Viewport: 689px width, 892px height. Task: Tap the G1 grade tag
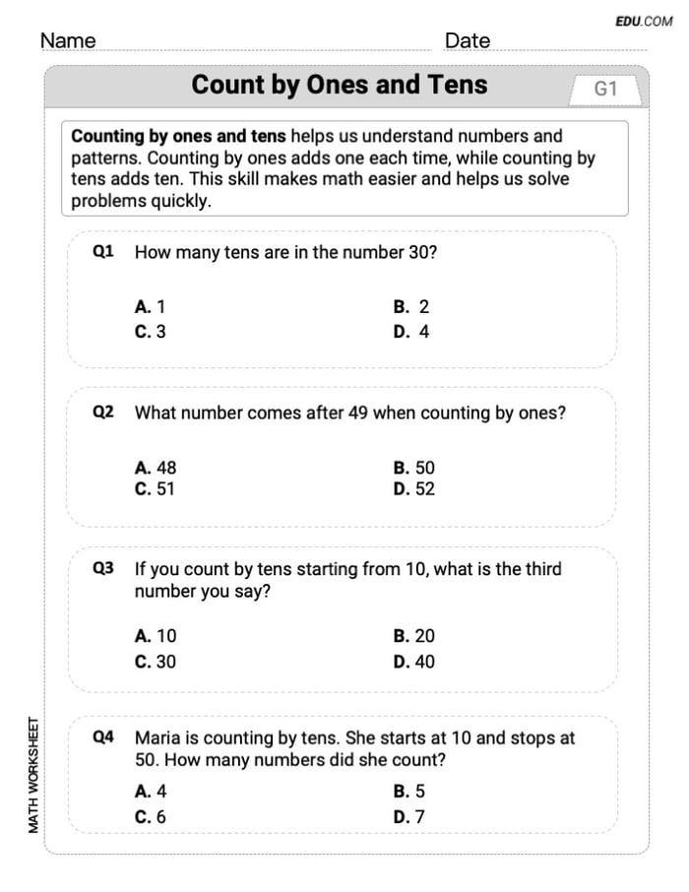pyautogui.click(x=605, y=90)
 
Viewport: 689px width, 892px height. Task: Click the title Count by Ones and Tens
pyautogui.click(x=340, y=85)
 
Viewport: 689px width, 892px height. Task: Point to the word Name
pyautogui.click(x=68, y=40)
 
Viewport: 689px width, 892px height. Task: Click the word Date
pyautogui.click(x=468, y=40)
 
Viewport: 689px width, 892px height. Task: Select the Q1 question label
pyautogui.click(x=103, y=252)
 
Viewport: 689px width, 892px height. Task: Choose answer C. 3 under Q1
pyautogui.click(x=151, y=332)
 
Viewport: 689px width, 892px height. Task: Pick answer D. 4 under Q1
pyautogui.click(x=411, y=332)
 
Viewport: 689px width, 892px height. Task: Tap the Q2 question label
pyautogui.click(x=103, y=413)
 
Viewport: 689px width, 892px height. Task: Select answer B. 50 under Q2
pyautogui.click(x=413, y=468)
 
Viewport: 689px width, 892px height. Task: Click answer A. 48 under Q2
pyautogui.click(x=156, y=468)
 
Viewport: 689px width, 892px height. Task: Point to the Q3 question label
pyautogui.click(x=103, y=568)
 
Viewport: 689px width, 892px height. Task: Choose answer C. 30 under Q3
pyautogui.click(x=156, y=662)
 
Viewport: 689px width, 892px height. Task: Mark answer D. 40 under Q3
pyautogui.click(x=413, y=662)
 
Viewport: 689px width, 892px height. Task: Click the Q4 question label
pyautogui.click(x=103, y=736)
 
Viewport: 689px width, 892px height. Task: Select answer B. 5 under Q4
pyautogui.click(x=408, y=791)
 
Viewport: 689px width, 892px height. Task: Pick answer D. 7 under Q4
pyautogui.click(x=408, y=816)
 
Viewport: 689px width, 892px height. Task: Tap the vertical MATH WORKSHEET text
pyautogui.click(x=33, y=775)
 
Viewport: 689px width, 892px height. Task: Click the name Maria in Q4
pyautogui.click(x=158, y=737)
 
